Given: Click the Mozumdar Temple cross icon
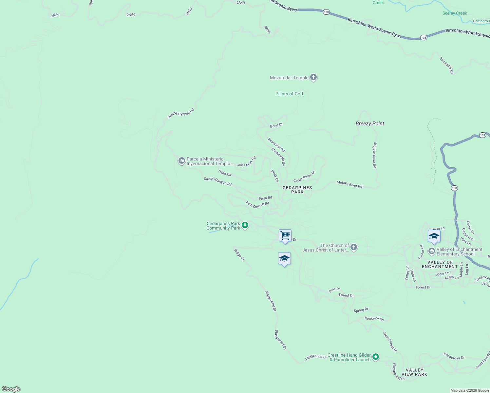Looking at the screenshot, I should [x=313, y=78].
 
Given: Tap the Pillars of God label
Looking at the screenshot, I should [x=289, y=94].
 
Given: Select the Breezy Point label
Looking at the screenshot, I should [x=370, y=123].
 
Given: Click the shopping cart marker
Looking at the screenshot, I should [x=285, y=235].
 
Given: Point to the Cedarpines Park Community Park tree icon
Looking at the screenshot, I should [x=245, y=225].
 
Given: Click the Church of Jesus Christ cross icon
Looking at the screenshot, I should [x=354, y=247].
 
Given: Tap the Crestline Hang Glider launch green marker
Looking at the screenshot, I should [x=376, y=357].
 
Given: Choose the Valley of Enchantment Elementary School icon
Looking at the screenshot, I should [x=432, y=251].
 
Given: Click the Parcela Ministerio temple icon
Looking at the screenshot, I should [x=181, y=161].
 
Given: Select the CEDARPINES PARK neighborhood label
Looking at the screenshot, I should [x=297, y=190].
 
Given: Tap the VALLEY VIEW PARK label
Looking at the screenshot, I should [x=414, y=372].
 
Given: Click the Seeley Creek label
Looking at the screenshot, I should [x=455, y=13].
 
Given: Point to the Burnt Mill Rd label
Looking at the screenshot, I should [x=446, y=65].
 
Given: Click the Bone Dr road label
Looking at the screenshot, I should [x=276, y=125].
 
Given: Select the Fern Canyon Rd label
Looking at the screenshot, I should [x=257, y=205].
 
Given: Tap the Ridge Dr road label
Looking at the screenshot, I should [x=239, y=255].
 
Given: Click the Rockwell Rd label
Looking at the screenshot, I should [x=374, y=318].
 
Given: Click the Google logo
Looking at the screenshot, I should [x=11, y=389].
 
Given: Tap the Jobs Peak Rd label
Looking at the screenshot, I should [x=246, y=162].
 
